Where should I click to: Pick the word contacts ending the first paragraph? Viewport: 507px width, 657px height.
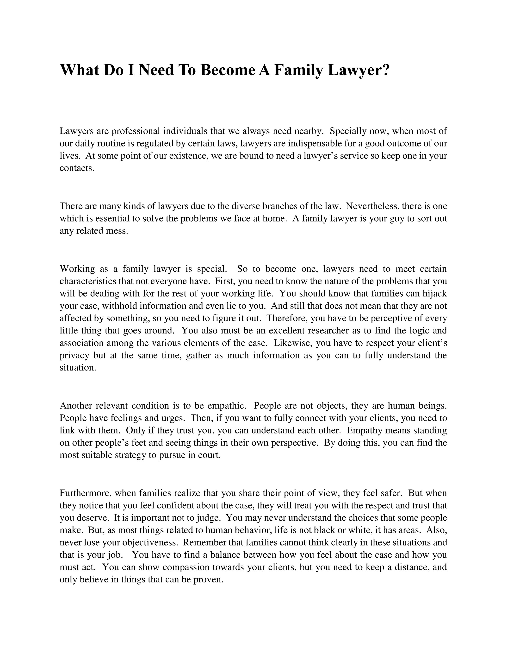(x=77, y=168)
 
